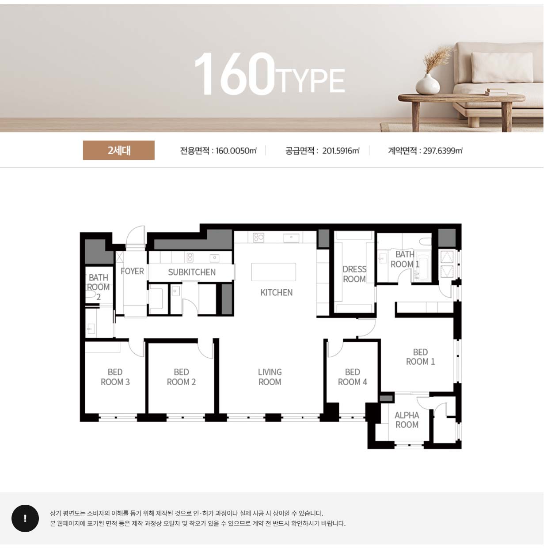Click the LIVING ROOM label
(x=270, y=377)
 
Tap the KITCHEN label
(x=276, y=293)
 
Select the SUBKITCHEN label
(x=192, y=272)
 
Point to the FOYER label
(x=133, y=271)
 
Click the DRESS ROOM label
(x=354, y=274)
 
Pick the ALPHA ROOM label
(x=407, y=420)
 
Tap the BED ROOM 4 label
(x=352, y=377)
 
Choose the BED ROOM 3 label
(x=115, y=377)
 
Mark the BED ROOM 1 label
(x=420, y=357)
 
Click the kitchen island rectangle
(x=273, y=272)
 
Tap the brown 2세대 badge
(x=119, y=150)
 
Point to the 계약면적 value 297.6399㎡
(x=443, y=151)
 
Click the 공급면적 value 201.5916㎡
(x=341, y=151)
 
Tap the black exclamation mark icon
(x=25, y=518)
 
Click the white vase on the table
(x=427, y=84)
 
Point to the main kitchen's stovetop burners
(x=259, y=238)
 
